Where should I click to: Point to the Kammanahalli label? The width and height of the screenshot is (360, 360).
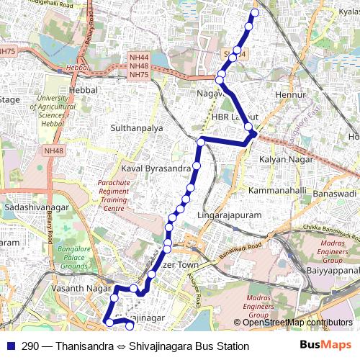click(277, 191)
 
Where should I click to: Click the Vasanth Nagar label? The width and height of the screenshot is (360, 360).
click(72, 288)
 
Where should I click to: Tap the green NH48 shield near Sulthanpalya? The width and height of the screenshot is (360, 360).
click(53, 150)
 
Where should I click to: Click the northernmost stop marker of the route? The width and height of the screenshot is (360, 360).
click(253, 13)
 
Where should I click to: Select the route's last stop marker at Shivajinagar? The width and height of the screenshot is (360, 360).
click(130, 326)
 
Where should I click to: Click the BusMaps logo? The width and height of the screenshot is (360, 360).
click(325, 346)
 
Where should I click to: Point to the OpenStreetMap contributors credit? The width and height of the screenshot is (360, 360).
click(297, 323)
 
